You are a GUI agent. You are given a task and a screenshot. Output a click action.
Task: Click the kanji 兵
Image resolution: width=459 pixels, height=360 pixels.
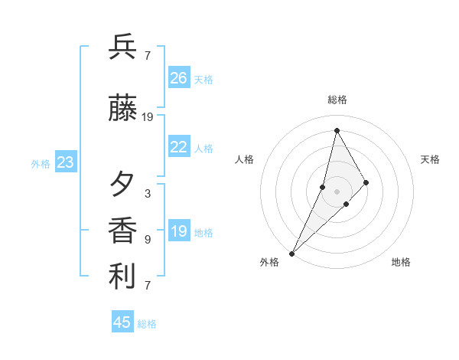122,47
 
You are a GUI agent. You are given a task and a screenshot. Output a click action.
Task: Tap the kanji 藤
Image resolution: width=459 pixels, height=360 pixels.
122,109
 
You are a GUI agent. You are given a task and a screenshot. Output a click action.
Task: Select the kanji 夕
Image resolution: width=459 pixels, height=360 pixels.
122,184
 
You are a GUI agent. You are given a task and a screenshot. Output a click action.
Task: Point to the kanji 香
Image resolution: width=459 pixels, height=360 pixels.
122,231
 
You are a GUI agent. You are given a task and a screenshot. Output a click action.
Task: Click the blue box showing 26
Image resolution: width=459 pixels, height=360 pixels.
179,78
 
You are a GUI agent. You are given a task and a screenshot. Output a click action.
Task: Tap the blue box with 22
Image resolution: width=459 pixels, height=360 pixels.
179,147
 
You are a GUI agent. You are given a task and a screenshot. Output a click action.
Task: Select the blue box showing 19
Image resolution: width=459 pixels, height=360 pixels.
179,231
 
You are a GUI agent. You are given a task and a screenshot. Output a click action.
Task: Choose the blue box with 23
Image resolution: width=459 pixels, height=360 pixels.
66,162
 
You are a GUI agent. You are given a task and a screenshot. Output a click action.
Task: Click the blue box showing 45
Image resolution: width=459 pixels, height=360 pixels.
122,322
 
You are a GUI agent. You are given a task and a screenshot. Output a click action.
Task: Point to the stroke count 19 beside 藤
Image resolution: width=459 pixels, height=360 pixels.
148,117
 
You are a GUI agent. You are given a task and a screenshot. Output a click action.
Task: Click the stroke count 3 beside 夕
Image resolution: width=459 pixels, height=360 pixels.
148,194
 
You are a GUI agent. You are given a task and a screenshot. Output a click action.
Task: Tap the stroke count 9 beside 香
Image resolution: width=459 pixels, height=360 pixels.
148,240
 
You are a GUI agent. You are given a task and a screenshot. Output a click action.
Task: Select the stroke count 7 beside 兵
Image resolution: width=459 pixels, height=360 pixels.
148,56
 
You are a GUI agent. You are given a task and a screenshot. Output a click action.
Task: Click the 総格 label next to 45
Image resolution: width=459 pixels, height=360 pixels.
147,324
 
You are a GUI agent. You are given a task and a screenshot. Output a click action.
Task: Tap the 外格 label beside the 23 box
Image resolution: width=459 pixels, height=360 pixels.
41,163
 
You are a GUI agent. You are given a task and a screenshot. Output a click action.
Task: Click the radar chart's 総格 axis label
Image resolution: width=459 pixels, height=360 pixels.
337,100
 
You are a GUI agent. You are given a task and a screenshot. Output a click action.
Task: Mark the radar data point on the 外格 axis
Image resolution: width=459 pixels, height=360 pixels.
291,253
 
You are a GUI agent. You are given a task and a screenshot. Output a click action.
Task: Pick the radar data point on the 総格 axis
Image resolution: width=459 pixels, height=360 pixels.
337,130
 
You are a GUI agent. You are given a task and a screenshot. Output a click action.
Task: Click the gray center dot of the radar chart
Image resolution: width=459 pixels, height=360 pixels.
337,191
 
